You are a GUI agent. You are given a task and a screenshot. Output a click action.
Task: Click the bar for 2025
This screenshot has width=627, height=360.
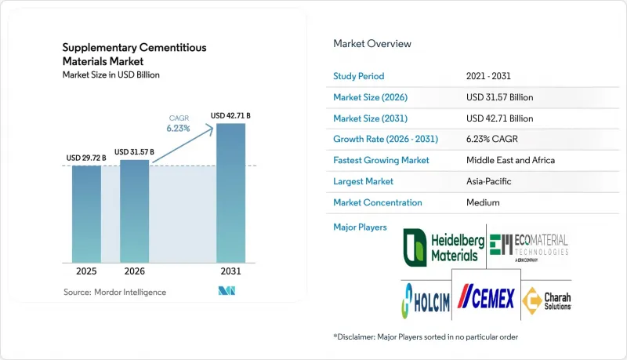click(86, 214)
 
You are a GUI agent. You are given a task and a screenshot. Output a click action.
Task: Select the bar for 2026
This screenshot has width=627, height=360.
click(134, 211)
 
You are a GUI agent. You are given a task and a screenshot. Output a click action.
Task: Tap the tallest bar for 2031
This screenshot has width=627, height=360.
click(230, 193)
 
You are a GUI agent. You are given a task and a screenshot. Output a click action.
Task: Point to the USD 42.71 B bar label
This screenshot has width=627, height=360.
click(230, 115)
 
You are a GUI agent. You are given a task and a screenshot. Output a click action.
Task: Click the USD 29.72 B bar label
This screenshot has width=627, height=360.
click(86, 158)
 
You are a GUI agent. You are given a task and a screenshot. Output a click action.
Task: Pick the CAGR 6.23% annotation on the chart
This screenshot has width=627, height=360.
click(179, 124)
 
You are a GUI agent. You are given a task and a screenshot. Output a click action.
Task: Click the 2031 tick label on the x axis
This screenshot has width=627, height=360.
click(230, 271)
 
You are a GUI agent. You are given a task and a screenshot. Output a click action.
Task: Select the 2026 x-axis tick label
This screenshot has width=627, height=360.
click(134, 271)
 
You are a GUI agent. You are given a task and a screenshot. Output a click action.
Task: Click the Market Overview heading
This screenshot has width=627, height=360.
click(372, 44)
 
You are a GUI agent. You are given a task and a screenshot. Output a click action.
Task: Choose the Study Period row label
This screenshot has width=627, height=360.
click(359, 76)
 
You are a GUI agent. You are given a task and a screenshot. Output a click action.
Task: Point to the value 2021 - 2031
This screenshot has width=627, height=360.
click(488, 76)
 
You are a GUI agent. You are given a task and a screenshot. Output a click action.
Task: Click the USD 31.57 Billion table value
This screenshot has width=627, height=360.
click(499, 97)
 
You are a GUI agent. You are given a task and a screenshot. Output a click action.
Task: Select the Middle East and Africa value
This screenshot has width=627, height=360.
click(511, 160)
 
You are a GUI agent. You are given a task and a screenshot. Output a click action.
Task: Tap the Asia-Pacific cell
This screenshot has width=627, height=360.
click(488, 181)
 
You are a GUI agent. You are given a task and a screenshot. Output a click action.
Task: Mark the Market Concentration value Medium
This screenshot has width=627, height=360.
click(483, 202)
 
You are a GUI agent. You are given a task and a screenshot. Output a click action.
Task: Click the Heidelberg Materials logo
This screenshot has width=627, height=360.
click(444, 248)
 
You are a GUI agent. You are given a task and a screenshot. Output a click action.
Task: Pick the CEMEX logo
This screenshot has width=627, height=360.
click(486, 296)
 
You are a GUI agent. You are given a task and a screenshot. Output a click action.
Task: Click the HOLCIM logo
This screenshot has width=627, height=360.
click(426, 301)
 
